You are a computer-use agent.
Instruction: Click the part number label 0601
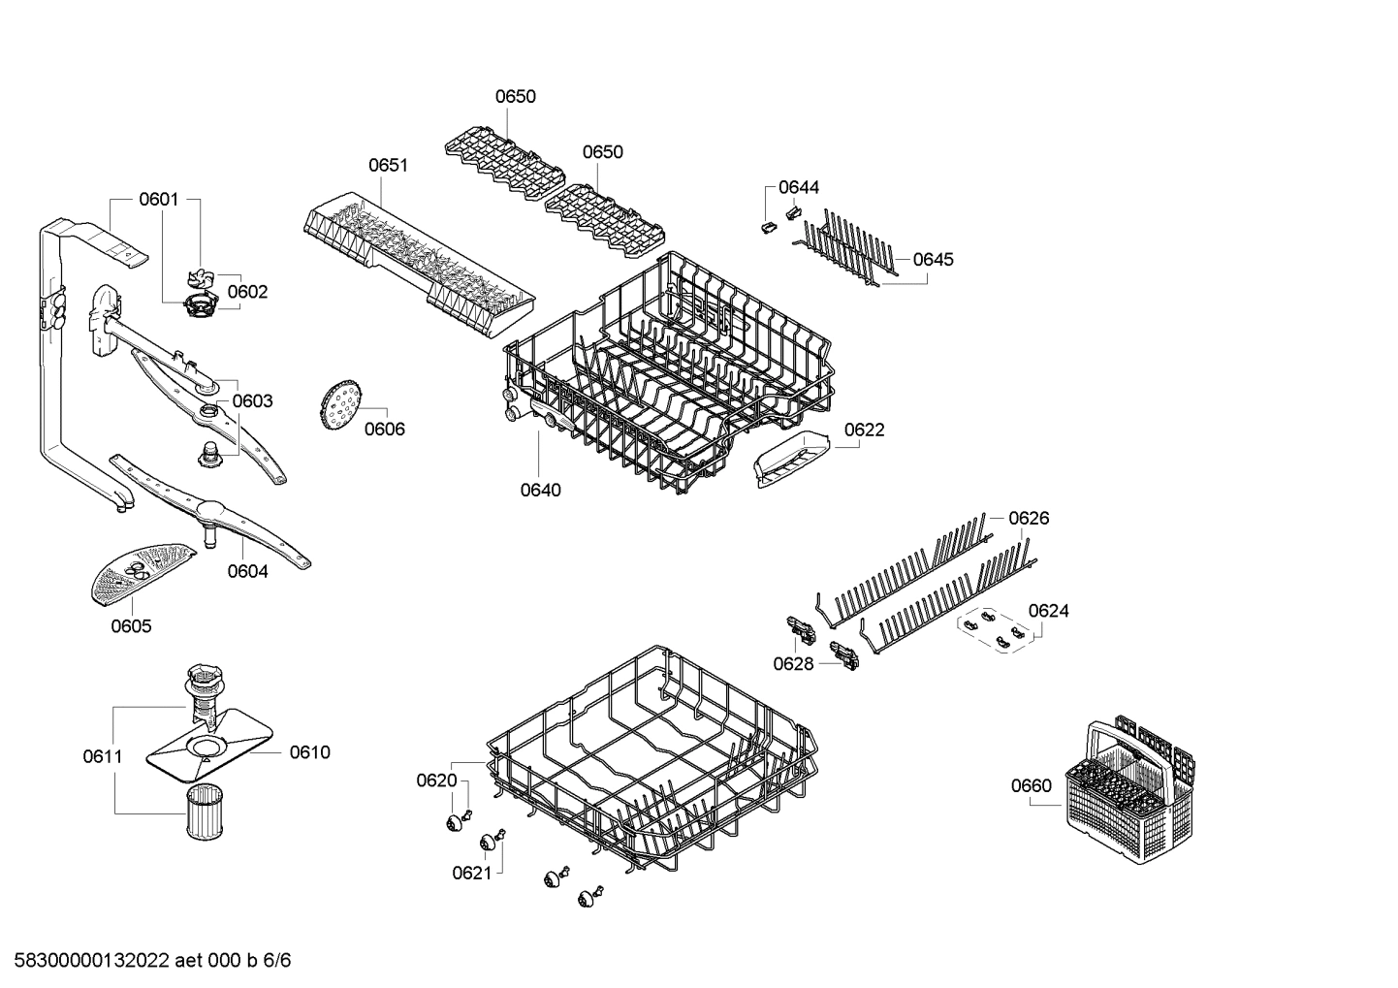159,200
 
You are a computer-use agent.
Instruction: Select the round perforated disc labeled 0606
337,404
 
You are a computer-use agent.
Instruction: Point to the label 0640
540,490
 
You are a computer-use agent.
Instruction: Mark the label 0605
131,626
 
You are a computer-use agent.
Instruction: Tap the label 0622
864,430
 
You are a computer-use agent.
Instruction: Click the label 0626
1029,519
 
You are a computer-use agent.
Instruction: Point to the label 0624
1048,611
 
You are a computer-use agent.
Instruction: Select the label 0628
793,663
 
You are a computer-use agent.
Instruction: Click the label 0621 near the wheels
472,874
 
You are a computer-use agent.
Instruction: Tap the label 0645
934,259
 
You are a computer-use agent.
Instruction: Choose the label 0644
799,187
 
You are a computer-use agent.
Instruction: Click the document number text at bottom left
146,961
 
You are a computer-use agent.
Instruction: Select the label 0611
102,756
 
